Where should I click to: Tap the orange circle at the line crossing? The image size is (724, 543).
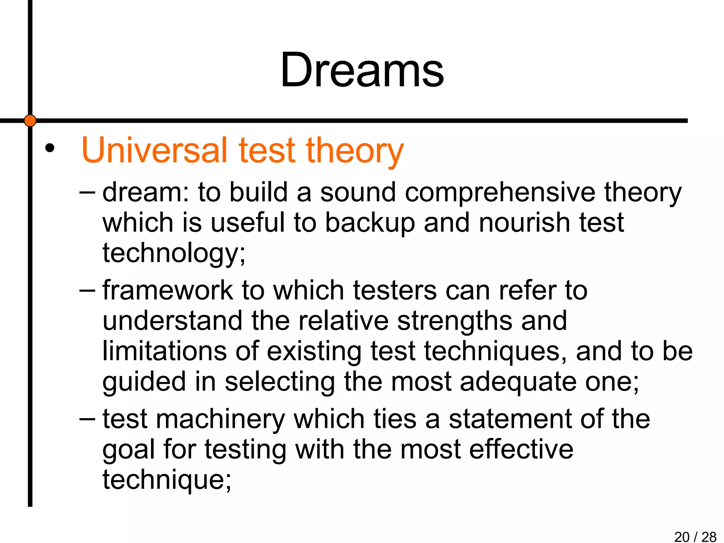click(30, 121)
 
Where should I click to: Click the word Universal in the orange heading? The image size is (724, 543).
click(154, 150)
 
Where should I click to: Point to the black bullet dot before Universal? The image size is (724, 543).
click(50, 148)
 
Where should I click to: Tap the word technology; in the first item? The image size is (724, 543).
click(174, 253)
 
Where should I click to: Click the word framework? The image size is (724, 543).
click(168, 291)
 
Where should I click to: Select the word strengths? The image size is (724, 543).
click(455, 321)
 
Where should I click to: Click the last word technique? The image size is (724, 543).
click(167, 480)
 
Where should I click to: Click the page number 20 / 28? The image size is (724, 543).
click(695, 537)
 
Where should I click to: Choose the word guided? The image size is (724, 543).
click(144, 382)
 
